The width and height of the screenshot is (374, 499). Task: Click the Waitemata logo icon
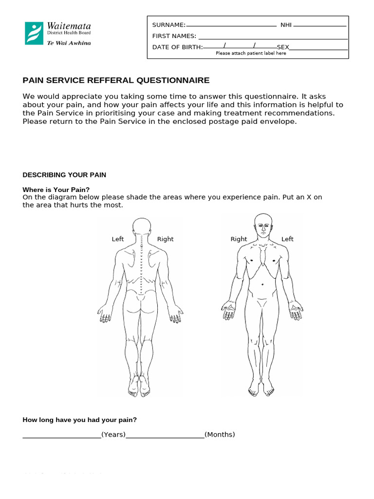point(34,33)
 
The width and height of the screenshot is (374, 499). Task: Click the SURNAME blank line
point(231,25)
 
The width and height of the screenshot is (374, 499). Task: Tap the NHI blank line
point(320,25)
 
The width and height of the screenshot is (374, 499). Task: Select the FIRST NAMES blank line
point(273,38)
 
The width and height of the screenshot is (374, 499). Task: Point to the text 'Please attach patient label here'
point(251,54)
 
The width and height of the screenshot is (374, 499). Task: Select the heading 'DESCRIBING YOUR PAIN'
point(65,175)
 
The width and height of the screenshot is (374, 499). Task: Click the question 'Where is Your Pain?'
point(56,190)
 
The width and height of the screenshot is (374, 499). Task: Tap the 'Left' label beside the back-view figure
point(118,239)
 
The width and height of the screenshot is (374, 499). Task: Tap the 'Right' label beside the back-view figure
point(165,239)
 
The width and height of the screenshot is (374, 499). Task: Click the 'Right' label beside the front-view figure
point(239,239)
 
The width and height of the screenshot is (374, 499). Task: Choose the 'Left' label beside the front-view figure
point(287,239)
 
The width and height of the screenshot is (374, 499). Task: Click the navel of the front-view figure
point(263,284)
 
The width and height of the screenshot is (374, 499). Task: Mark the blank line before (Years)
point(62,437)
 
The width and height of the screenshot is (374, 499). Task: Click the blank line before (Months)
point(165,437)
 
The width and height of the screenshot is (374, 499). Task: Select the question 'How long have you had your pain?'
point(80,420)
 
